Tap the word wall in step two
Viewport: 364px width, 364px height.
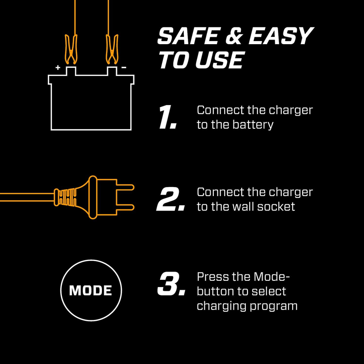[x=246, y=207]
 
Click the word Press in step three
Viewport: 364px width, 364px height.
[x=212, y=277]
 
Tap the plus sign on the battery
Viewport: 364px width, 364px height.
[x=58, y=67]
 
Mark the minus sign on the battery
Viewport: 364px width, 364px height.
[x=124, y=67]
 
